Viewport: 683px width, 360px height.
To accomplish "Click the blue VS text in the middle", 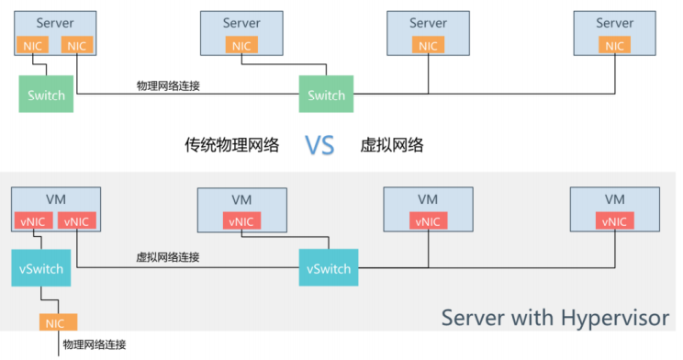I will click(x=319, y=145).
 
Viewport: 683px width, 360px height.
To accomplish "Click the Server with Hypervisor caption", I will click(x=555, y=318).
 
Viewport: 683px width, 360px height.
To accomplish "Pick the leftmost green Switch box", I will click(x=46, y=95).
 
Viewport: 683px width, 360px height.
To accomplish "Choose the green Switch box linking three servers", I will click(x=326, y=95).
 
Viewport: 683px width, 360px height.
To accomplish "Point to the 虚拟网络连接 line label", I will click(x=168, y=258).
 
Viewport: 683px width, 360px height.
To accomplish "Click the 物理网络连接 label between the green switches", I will click(x=169, y=85).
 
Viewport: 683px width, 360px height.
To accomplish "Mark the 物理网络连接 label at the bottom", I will click(x=94, y=345).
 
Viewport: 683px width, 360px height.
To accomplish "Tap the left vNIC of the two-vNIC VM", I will click(x=31, y=220).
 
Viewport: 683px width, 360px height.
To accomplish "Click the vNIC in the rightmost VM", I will click(x=614, y=220).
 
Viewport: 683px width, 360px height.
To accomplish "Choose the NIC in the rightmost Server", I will click(x=614, y=45).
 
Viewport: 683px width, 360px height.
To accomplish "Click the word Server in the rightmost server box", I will click(x=614, y=23).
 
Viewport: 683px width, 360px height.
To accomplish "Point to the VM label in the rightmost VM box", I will click(x=614, y=198).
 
